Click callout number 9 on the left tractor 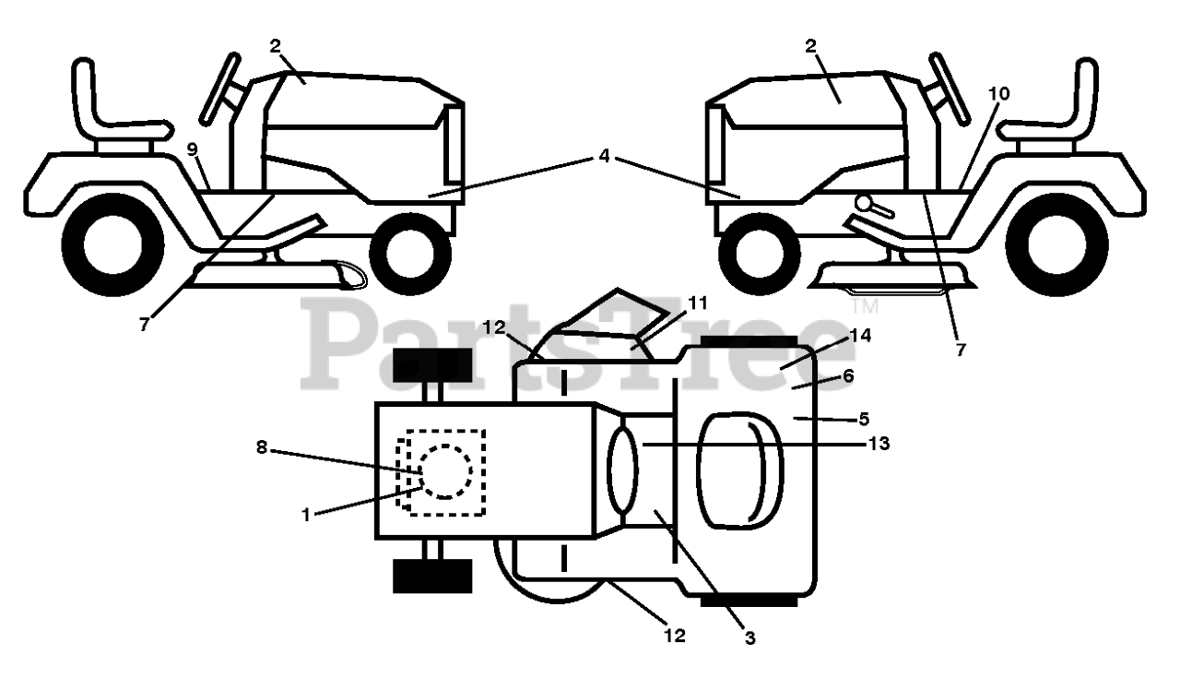pyautogui.click(x=193, y=149)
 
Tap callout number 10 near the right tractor pyautogui.click(x=999, y=93)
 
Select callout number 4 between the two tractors pyautogui.click(x=604, y=156)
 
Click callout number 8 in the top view pyautogui.click(x=261, y=447)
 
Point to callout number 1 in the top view pyautogui.click(x=306, y=516)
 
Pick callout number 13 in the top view pyautogui.click(x=879, y=444)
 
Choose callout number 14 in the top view pyautogui.click(x=860, y=337)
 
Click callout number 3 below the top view pyautogui.click(x=749, y=637)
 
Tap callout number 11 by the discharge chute pyautogui.click(x=697, y=302)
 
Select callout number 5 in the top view pyautogui.click(x=864, y=419)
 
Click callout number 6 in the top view pyautogui.click(x=848, y=375)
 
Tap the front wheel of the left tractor pyautogui.click(x=410, y=254)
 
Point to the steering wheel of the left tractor pyautogui.click(x=222, y=88)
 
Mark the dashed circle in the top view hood pyautogui.click(x=446, y=471)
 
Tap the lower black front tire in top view pyautogui.click(x=432, y=576)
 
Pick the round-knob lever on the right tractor pyautogui.click(x=866, y=203)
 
